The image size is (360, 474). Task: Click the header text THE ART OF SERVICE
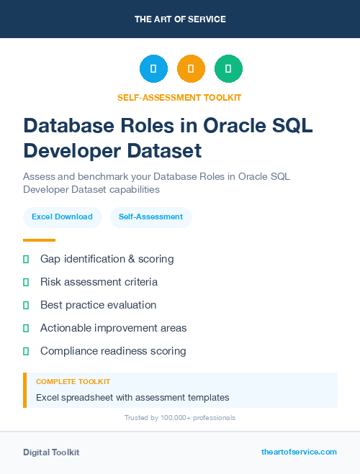[x=180, y=19]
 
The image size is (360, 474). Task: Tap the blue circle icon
[x=153, y=69]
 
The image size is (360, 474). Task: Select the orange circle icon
[x=191, y=69]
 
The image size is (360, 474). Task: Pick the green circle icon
[x=228, y=69]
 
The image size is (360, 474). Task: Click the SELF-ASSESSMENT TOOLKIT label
[x=179, y=97]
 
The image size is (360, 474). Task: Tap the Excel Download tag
[x=62, y=217]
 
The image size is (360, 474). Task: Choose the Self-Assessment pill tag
[x=150, y=217]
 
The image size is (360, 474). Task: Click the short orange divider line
[x=39, y=240]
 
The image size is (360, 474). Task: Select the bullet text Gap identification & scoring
[x=107, y=259]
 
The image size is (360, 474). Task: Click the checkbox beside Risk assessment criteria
[x=26, y=282]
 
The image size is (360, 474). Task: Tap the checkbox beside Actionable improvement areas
[x=26, y=328]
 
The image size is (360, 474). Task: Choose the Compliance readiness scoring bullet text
[x=113, y=351]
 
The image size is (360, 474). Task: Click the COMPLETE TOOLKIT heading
[x=73, y=382]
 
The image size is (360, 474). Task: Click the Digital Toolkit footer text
[x=51, y=452]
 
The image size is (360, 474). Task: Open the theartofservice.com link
[x=299, y=452]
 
